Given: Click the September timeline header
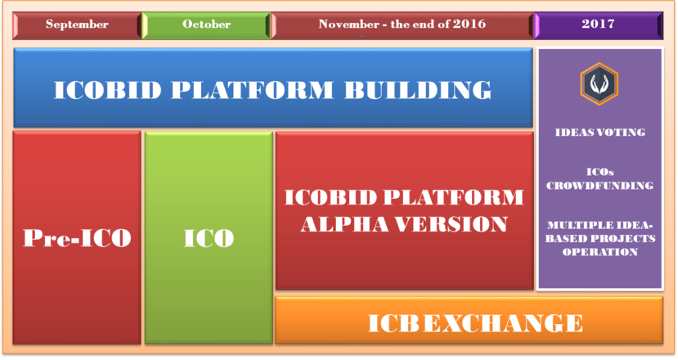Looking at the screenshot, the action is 77,25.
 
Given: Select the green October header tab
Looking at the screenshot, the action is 206,25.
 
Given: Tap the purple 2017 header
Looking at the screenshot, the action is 599,25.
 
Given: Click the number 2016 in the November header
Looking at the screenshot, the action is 469,24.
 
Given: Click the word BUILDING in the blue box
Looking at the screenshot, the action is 418,90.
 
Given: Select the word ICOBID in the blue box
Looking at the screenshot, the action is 108,90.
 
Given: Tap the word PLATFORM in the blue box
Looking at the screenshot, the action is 253,90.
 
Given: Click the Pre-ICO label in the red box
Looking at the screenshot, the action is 77,237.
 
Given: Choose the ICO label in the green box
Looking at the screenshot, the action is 209,237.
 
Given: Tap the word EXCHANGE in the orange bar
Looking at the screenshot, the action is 503,323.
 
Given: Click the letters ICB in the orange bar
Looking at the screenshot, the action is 393,323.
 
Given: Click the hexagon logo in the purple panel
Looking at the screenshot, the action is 599,84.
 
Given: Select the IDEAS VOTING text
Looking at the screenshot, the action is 600,133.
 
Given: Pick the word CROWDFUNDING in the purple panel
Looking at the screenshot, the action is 599,186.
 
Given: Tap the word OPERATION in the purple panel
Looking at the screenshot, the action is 600,252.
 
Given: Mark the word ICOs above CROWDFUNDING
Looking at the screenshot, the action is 600,172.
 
